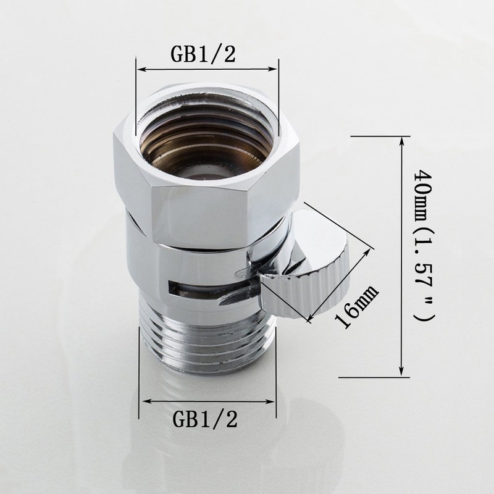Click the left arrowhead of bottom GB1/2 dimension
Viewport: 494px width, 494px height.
[143, 400]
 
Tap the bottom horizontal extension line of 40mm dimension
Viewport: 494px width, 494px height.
[374, 375]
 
